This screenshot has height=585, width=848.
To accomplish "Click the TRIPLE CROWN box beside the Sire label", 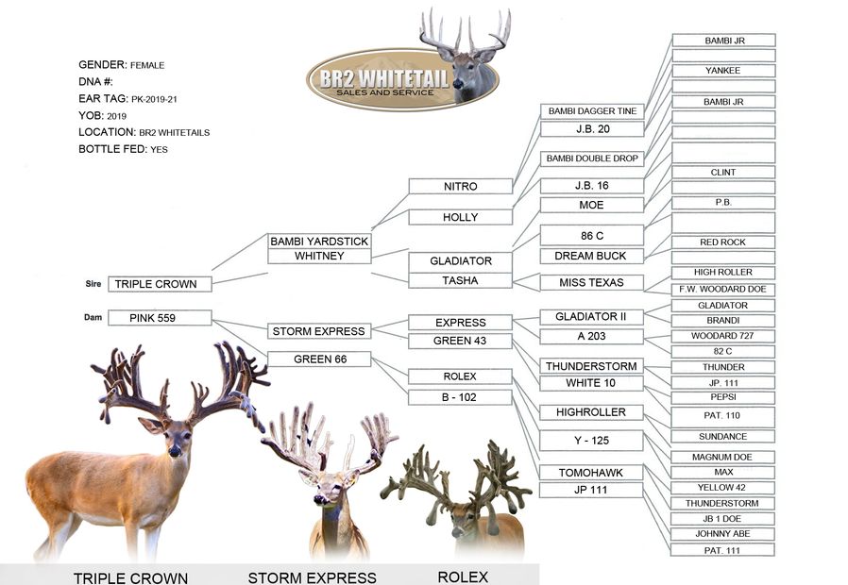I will click(160, 283).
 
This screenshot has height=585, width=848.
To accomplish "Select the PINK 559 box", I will click(160, 318).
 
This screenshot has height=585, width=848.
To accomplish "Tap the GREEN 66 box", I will click(319, 359).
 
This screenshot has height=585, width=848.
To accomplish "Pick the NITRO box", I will click(460, 187).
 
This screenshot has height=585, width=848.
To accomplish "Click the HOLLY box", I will click(460, 217).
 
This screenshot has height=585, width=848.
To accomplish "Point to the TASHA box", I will click(460, 280).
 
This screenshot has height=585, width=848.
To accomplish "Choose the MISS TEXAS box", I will click(591, 282).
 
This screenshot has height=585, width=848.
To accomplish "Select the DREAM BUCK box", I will click(591, 256).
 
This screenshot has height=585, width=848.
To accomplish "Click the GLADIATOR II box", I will click(591, 316).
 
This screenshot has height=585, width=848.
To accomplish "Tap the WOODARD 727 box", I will click(722, 336).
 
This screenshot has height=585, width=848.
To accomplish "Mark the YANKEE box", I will click(722, 71).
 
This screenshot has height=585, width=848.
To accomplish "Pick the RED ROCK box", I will click(722, 242).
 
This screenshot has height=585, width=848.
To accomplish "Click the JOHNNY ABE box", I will click(722, 534).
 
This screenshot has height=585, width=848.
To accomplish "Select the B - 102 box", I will click(460, 397).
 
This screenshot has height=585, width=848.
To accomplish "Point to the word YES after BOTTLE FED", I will click(159, 150).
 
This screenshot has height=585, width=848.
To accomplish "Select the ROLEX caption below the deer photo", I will click(463, 577).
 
